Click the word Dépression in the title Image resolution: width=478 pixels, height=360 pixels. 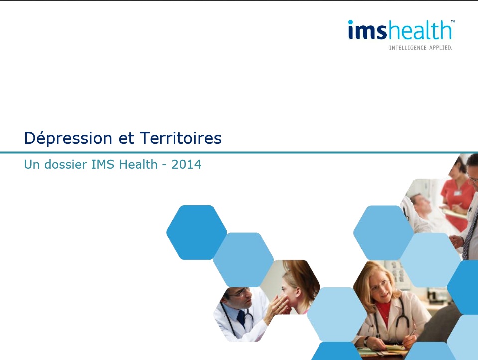pos(68,138)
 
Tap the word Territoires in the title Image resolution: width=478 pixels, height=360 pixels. pos(180,138)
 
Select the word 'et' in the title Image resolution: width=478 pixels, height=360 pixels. pos(126,139)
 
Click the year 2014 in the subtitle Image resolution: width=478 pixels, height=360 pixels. pos(186,164)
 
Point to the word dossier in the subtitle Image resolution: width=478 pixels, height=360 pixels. pos(65,164)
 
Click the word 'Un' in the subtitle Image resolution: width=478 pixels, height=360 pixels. pos(32,164)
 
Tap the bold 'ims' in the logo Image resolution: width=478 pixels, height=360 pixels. pos(367,30)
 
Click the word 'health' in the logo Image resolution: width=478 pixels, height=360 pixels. pos(419,30)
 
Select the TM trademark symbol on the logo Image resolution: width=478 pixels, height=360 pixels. pos(453,21)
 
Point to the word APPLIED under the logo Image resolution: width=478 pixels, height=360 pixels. pos(441,48)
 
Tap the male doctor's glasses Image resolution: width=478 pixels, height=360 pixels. pos(239,293)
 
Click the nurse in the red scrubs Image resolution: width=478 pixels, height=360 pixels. pos(456,195)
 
